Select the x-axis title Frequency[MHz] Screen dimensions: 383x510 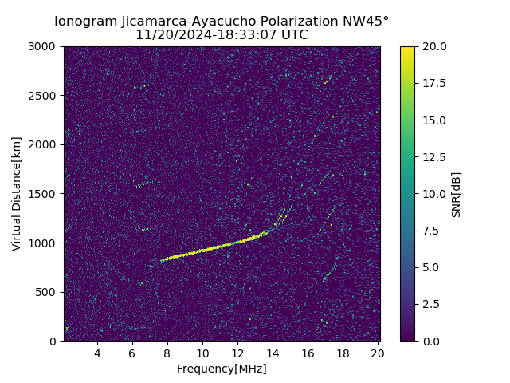pos(222,369)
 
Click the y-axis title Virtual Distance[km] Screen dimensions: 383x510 pos(16,194)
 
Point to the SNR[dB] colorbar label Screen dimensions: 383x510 pos(457,194)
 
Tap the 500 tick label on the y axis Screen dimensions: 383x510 pos(47,292)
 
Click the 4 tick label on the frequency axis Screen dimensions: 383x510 pos(97,353)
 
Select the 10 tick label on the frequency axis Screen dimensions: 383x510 pos(202,353)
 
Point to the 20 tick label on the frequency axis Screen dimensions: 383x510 pos(378,353)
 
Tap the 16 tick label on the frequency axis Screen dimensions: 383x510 pos(308,353)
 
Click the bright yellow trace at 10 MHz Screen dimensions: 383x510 pos(202,250)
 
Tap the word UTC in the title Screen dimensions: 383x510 pos(293,35)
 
